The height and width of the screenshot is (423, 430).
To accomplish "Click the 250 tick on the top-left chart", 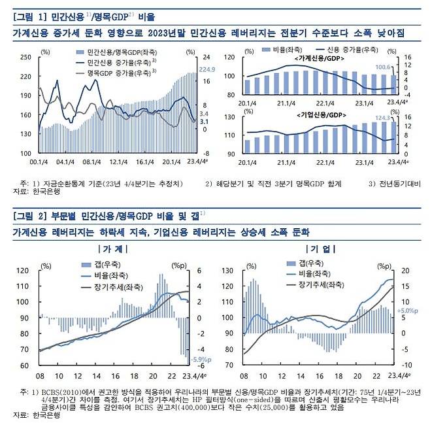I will (25, 57).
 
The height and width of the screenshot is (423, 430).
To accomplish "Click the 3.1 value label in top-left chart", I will (203, 122).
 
